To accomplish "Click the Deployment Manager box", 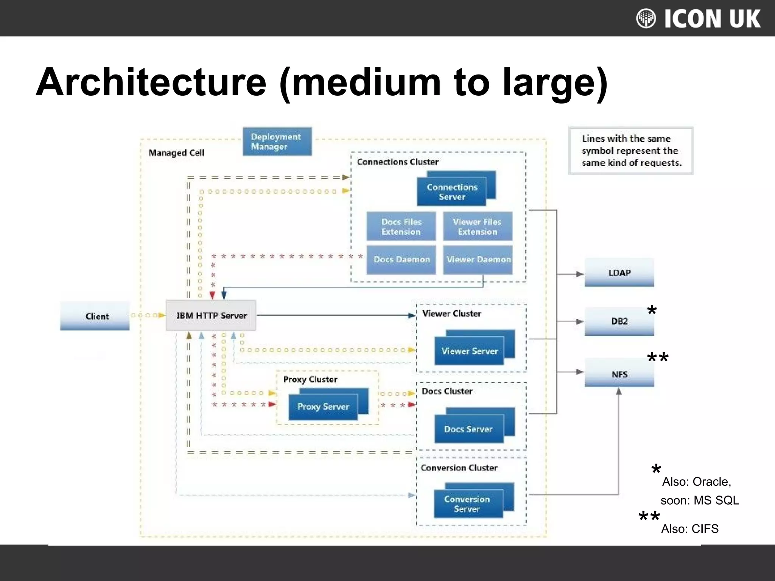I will (277, 141).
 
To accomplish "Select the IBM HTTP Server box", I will (211, 315).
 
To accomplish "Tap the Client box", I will (95, 316).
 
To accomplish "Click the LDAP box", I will (619, 272).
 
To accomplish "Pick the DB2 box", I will (619, 321).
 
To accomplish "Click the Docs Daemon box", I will (401, 259).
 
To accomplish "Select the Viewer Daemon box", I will (478, 259).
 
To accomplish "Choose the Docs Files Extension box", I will (401, 227).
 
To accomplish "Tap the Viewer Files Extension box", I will (478, 227).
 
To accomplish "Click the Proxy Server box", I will (324, 407).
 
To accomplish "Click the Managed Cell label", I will (176, 153).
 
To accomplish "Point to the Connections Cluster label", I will (398, 162).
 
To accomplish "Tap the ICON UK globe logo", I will (646, 18).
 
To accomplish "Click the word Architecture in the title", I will (151, 82).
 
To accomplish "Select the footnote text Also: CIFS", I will (689, 529).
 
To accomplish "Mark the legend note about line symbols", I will (631, 151).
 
